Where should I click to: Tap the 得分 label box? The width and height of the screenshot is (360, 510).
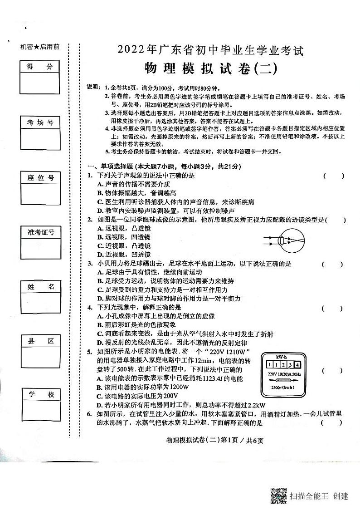(x=40, y=67)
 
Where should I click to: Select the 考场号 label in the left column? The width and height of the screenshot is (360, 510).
(x=40, y=123)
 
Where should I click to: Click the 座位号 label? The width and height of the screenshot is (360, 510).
(x=40, y=177)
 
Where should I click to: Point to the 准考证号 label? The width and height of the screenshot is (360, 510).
(x=40, y=232)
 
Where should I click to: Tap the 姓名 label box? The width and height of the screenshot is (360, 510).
(x=40, y=287)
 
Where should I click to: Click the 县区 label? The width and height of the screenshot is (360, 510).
(x=40, y=341)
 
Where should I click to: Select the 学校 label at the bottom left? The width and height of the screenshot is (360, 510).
(x=40, y=395)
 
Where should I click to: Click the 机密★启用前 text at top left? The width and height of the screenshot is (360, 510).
(x=40, y=47)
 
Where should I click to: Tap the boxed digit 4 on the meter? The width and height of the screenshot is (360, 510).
(x=297, y=365)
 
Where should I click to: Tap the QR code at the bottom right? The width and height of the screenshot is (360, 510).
(x=278, y=495)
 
